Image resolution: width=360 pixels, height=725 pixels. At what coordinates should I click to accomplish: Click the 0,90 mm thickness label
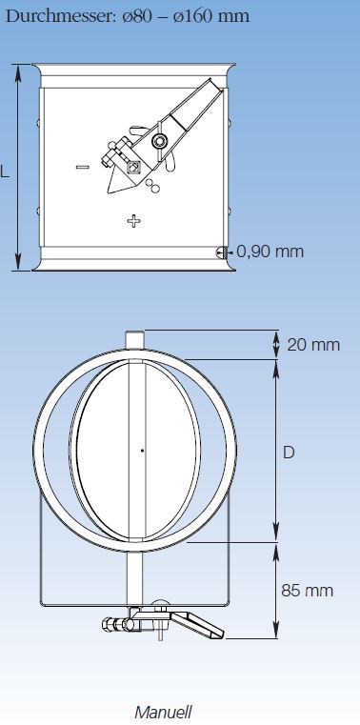point(270,252)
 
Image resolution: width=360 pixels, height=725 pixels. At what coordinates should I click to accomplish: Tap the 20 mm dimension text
point(313,345)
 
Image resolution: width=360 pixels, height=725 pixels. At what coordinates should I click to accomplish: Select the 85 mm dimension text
point(307,591)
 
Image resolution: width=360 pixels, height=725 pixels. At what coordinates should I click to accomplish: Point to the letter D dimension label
point(289,453)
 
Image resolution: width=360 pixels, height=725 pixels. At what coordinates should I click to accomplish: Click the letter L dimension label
point(4,172)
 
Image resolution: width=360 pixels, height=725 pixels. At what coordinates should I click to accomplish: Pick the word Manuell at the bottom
point(163,712)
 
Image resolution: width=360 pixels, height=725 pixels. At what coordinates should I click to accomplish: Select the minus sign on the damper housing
point(83,167)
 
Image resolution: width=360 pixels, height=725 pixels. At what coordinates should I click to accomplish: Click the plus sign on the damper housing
point(134,221)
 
